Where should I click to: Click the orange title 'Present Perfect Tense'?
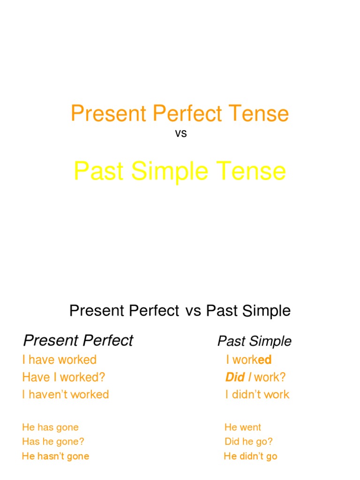point(180,114)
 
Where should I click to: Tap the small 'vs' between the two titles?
point(180,134)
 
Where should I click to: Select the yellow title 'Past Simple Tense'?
point(180,172)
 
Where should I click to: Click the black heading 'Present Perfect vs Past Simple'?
point(180,310)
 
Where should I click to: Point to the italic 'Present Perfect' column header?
point(78,340)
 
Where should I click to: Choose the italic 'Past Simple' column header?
point(255,341)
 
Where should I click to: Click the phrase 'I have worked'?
point(59,360)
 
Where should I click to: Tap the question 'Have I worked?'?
point(64,377)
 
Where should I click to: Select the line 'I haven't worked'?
point(65,394)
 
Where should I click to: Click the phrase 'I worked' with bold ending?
point(248,360)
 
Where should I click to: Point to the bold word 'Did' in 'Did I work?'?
point(235,377)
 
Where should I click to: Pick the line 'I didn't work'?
point(257,394)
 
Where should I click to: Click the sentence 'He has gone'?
point(50,427)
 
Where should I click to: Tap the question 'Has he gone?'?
point(53,441)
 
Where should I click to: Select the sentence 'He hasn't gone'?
point(55,456)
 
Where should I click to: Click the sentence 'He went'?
point(243,427)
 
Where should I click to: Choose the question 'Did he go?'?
point(248,441)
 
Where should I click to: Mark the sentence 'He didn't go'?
point(250,456)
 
